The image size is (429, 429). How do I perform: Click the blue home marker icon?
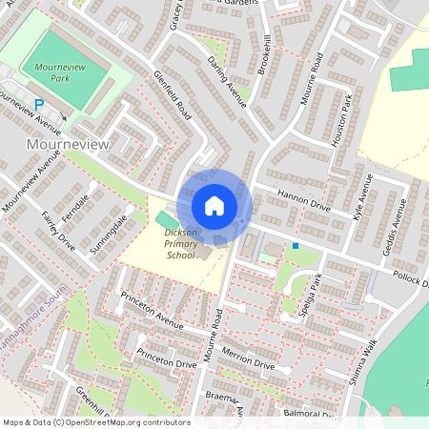(x=214, y=205)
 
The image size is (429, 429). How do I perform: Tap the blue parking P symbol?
(x=39, y=105)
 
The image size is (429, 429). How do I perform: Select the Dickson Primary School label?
(x=180, y=243)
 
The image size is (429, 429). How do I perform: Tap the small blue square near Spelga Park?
(x=296, y=246)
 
